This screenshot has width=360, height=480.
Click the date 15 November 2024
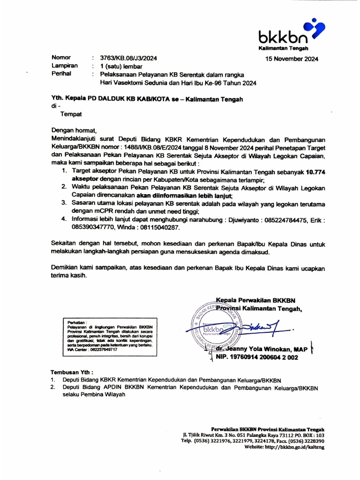tap(292, 59)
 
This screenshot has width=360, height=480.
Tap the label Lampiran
tap(64, 66)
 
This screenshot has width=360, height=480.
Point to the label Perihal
tap(62, 74)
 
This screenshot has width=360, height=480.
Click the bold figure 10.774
tap(315, 172)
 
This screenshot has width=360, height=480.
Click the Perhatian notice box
tap(110, 336)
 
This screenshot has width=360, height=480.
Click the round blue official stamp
tap(217, 329)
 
